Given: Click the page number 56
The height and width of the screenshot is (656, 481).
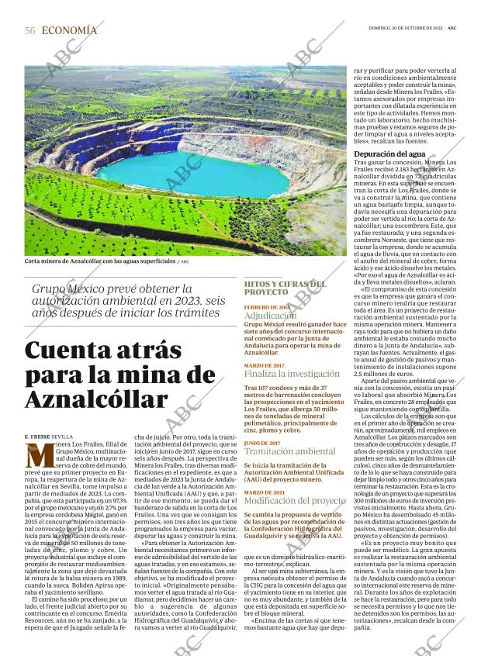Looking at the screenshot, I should (30, 30).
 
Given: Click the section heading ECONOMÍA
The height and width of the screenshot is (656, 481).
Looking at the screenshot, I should (69, 30).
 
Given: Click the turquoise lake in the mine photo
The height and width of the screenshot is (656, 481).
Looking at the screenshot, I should (194, 174).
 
